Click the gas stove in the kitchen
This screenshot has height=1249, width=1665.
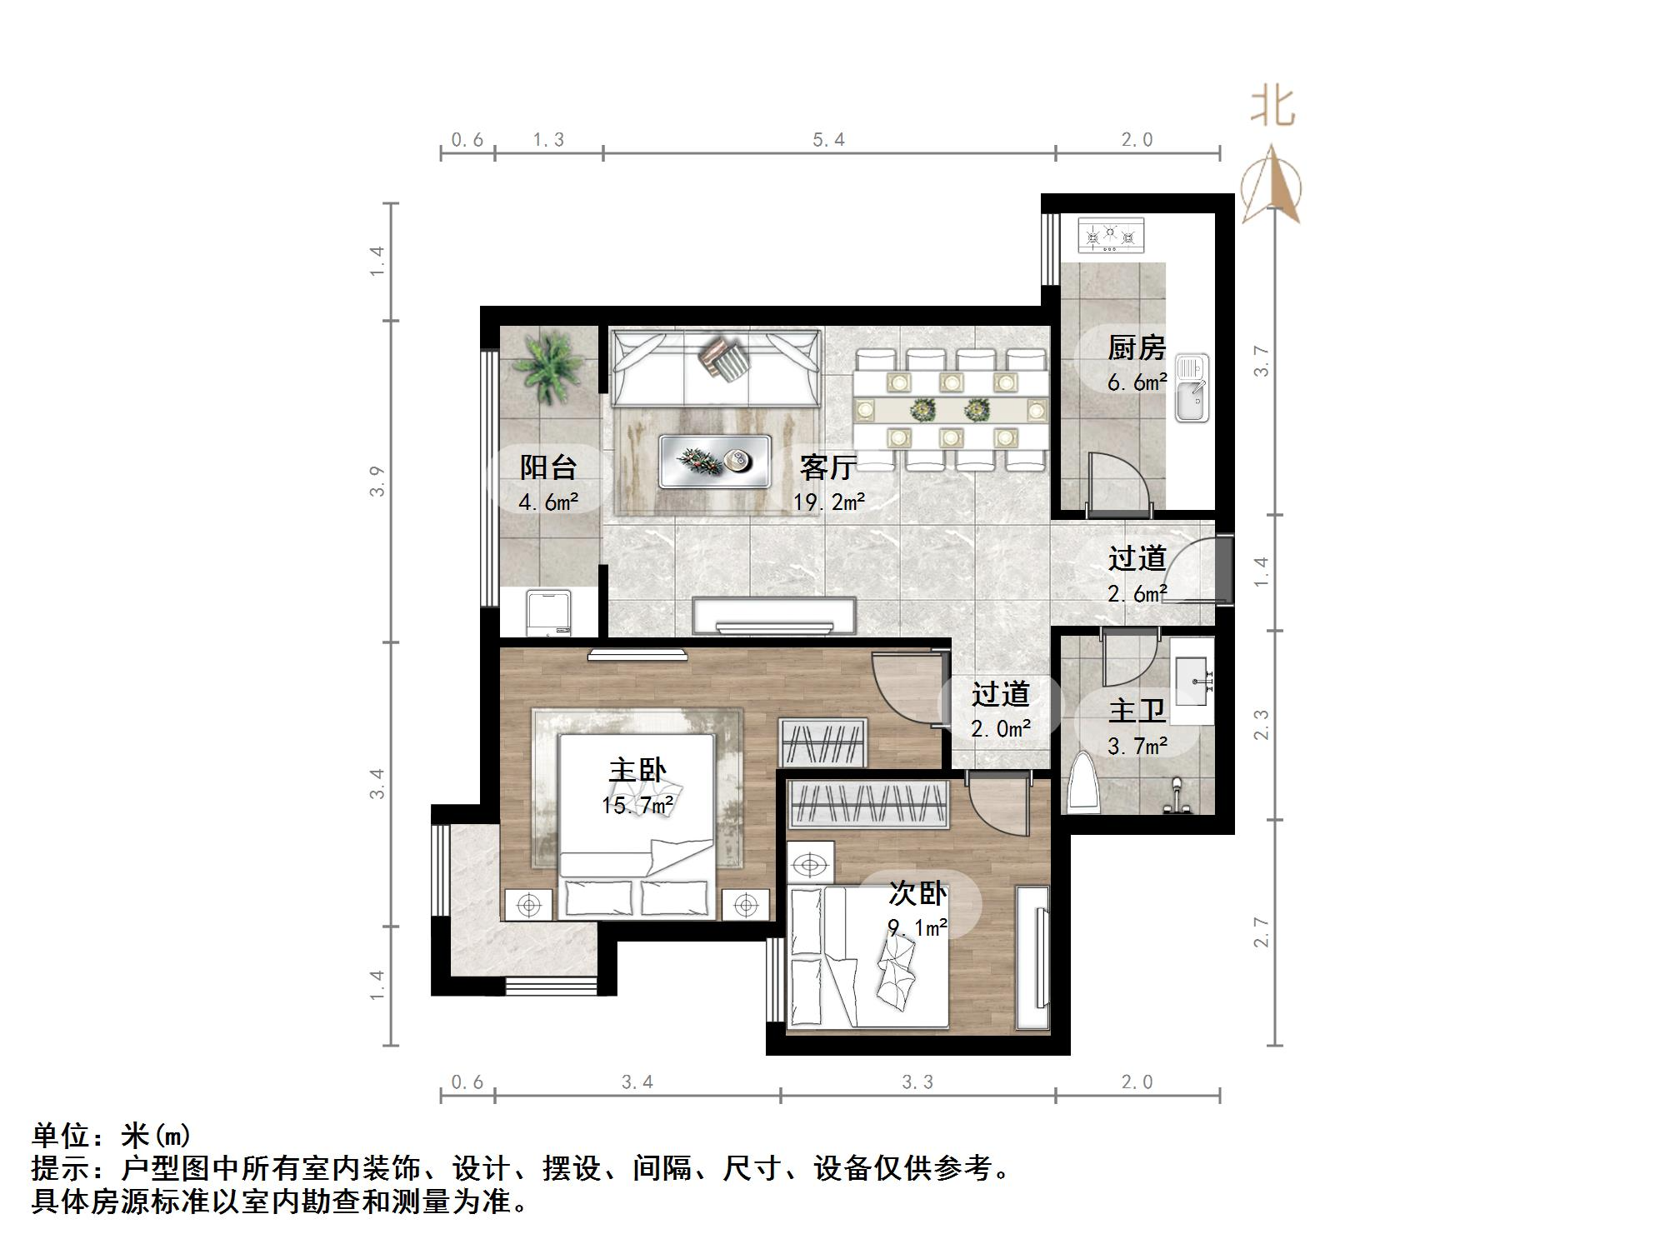click(x=1111, y=236)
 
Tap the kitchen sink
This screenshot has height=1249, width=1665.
click(x=1192, y=387)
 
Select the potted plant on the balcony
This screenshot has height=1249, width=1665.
click(x=547, y=367)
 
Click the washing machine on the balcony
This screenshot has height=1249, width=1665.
click(x=547, y=613)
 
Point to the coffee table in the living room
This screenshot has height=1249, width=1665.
click(x=714, y=461)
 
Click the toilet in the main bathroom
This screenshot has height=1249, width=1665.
click(x=1082, y=782)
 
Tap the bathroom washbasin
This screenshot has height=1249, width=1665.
click(x=1192, y=681)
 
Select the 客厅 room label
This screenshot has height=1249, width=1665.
click(x=827, y=467)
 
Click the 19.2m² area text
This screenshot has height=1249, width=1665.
click(x=828, y=502)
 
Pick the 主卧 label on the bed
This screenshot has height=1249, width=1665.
click(x=637, y=769)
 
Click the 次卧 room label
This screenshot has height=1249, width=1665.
click(x=917, y=893)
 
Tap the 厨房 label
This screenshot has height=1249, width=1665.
click(x=1136, y=347)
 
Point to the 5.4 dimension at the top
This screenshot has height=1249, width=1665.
click(x=828, y=140)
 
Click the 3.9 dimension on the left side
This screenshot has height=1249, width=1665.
click(x=377, y=482)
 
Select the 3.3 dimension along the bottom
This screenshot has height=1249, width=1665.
click(x=917, y=1082)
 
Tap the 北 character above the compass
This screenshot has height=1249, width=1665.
click(x=1272, y=108)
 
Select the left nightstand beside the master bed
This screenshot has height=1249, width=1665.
click(x=528, y=904)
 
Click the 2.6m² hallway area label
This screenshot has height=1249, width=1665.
click(x=1137, y=593)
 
